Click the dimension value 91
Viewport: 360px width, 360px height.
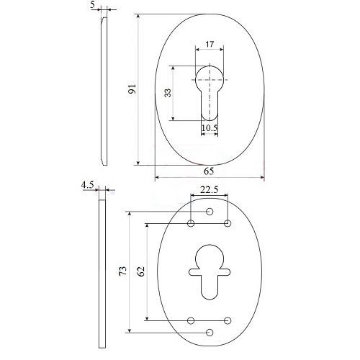pyautogui.click(x=132, y=89)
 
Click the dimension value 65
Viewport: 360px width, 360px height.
pyautogui.click(x=209, y=171)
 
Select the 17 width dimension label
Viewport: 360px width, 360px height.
pyautogui.click(x=210, y=44)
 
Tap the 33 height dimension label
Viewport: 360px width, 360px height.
pyautogui.click(x=168, y=93)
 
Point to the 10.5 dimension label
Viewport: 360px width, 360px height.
pyautogui.click(x=210, y=128)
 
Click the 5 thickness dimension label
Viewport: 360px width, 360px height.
pyautogui.click(x=93, y=5)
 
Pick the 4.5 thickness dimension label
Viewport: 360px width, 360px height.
pyautogui.click(x=87, y=185)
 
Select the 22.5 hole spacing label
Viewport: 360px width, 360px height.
pyautogui.click(x=210, y=190)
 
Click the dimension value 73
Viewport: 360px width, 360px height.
pyautogui.click(x=123, y=271)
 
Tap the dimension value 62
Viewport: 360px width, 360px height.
pyautogui.click(x=141, y=271)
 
